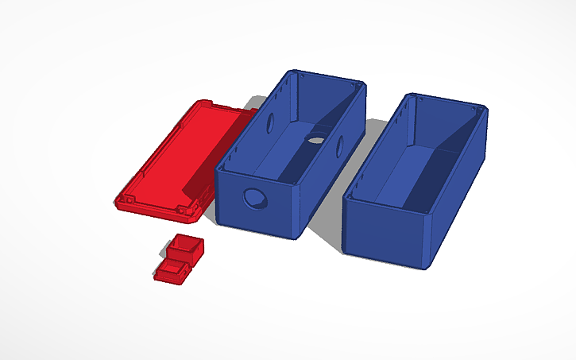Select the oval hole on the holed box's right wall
pos(339,146)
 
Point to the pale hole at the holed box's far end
pos(315,141)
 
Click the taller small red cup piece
pos(187,248)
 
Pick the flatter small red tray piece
pos(172,272)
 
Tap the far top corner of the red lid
pos(198,103)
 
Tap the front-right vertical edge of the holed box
pos(300,211)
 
